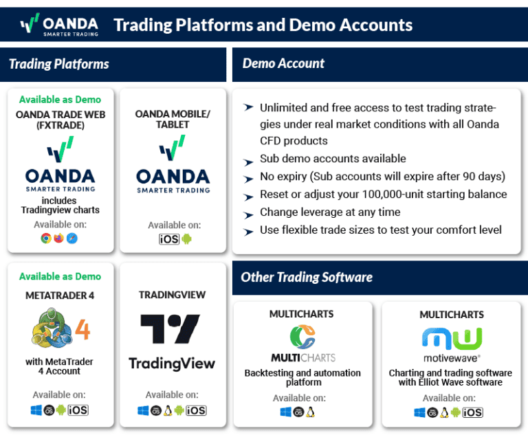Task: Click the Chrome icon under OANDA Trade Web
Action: (46, 238)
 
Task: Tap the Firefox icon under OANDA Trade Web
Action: (58, 238)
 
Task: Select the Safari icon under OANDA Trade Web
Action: (71, 238)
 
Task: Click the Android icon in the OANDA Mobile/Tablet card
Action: (186, 239)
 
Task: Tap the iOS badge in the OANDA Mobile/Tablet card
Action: (169, 239)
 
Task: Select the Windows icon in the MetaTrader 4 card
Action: (36, 410)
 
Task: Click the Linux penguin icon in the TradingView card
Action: (168, 410)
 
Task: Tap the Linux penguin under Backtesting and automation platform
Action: (310, 412)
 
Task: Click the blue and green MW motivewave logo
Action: (452, 339)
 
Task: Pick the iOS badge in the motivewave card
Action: (472, 412)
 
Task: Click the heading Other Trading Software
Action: (307, 278)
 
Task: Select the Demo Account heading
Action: (283, 64)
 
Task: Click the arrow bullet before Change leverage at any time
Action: (248, 213)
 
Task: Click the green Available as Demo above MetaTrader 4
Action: (60, 276)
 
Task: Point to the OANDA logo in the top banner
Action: (59, 25)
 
